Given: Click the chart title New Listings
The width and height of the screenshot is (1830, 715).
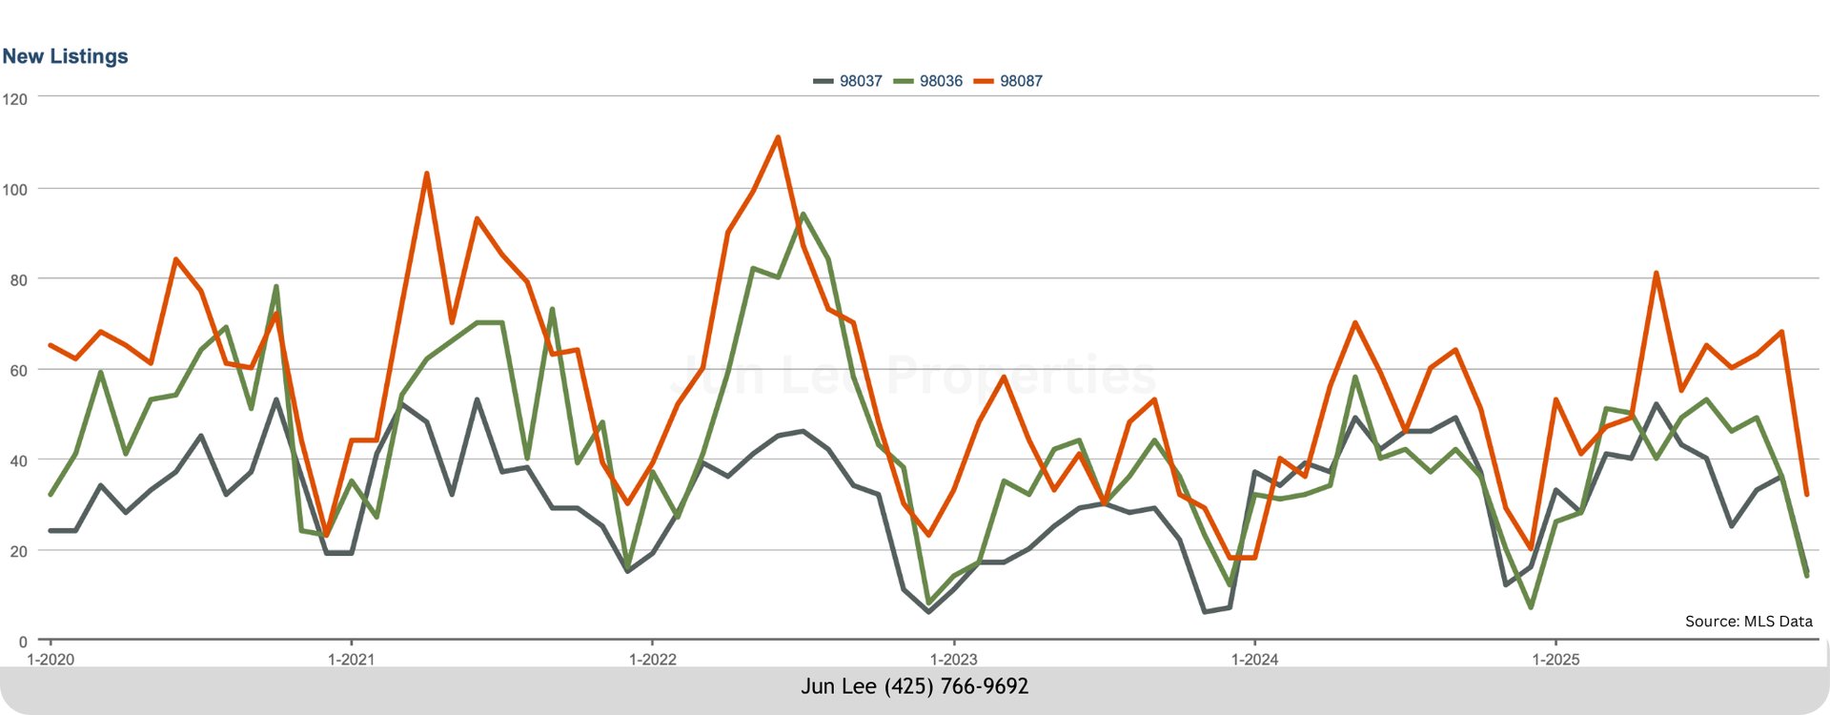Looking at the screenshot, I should pos(65,56).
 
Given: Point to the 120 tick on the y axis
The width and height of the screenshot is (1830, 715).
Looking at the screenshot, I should pos(15,99).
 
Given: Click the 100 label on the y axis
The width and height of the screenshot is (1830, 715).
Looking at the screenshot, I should pos(15,190).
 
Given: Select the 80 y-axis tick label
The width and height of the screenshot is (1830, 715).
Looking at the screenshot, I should pos(19,280).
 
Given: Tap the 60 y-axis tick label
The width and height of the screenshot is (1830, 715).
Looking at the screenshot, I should pos(19,371).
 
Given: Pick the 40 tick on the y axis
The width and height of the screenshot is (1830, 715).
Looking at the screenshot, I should pos(19,461).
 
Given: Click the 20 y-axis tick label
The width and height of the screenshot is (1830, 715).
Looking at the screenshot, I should pos(19,552).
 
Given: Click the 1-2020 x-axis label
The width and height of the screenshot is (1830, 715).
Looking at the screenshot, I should pos(51,660).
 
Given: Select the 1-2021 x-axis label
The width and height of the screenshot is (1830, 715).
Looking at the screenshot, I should pos(351,660).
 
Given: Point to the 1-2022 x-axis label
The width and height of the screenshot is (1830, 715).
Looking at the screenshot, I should pos(652,660).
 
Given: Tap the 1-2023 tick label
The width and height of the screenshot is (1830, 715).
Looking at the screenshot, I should pos(953,660).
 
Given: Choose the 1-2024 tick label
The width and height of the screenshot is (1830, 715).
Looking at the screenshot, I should pos(1254,660).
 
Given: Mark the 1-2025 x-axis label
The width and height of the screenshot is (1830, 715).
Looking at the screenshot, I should pos(1555,660).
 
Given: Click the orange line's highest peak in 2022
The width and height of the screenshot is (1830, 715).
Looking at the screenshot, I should pos(778,137).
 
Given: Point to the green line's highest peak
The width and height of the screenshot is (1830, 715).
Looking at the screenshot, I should pos(803,214).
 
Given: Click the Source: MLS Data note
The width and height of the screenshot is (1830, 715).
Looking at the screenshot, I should pos(1748,622).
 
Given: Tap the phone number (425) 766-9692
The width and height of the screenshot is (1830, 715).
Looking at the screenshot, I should pos(956,686).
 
